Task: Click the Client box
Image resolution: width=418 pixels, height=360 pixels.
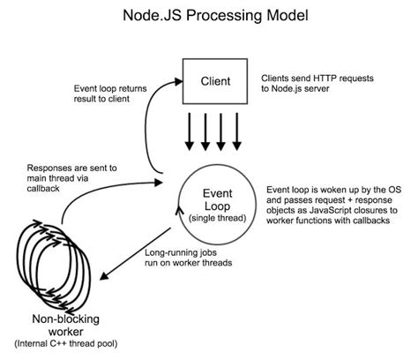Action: [217, 81]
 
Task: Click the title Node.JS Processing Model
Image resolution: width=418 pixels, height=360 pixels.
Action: [209, 17]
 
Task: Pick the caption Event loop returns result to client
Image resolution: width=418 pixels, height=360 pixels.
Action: [111, 94]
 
